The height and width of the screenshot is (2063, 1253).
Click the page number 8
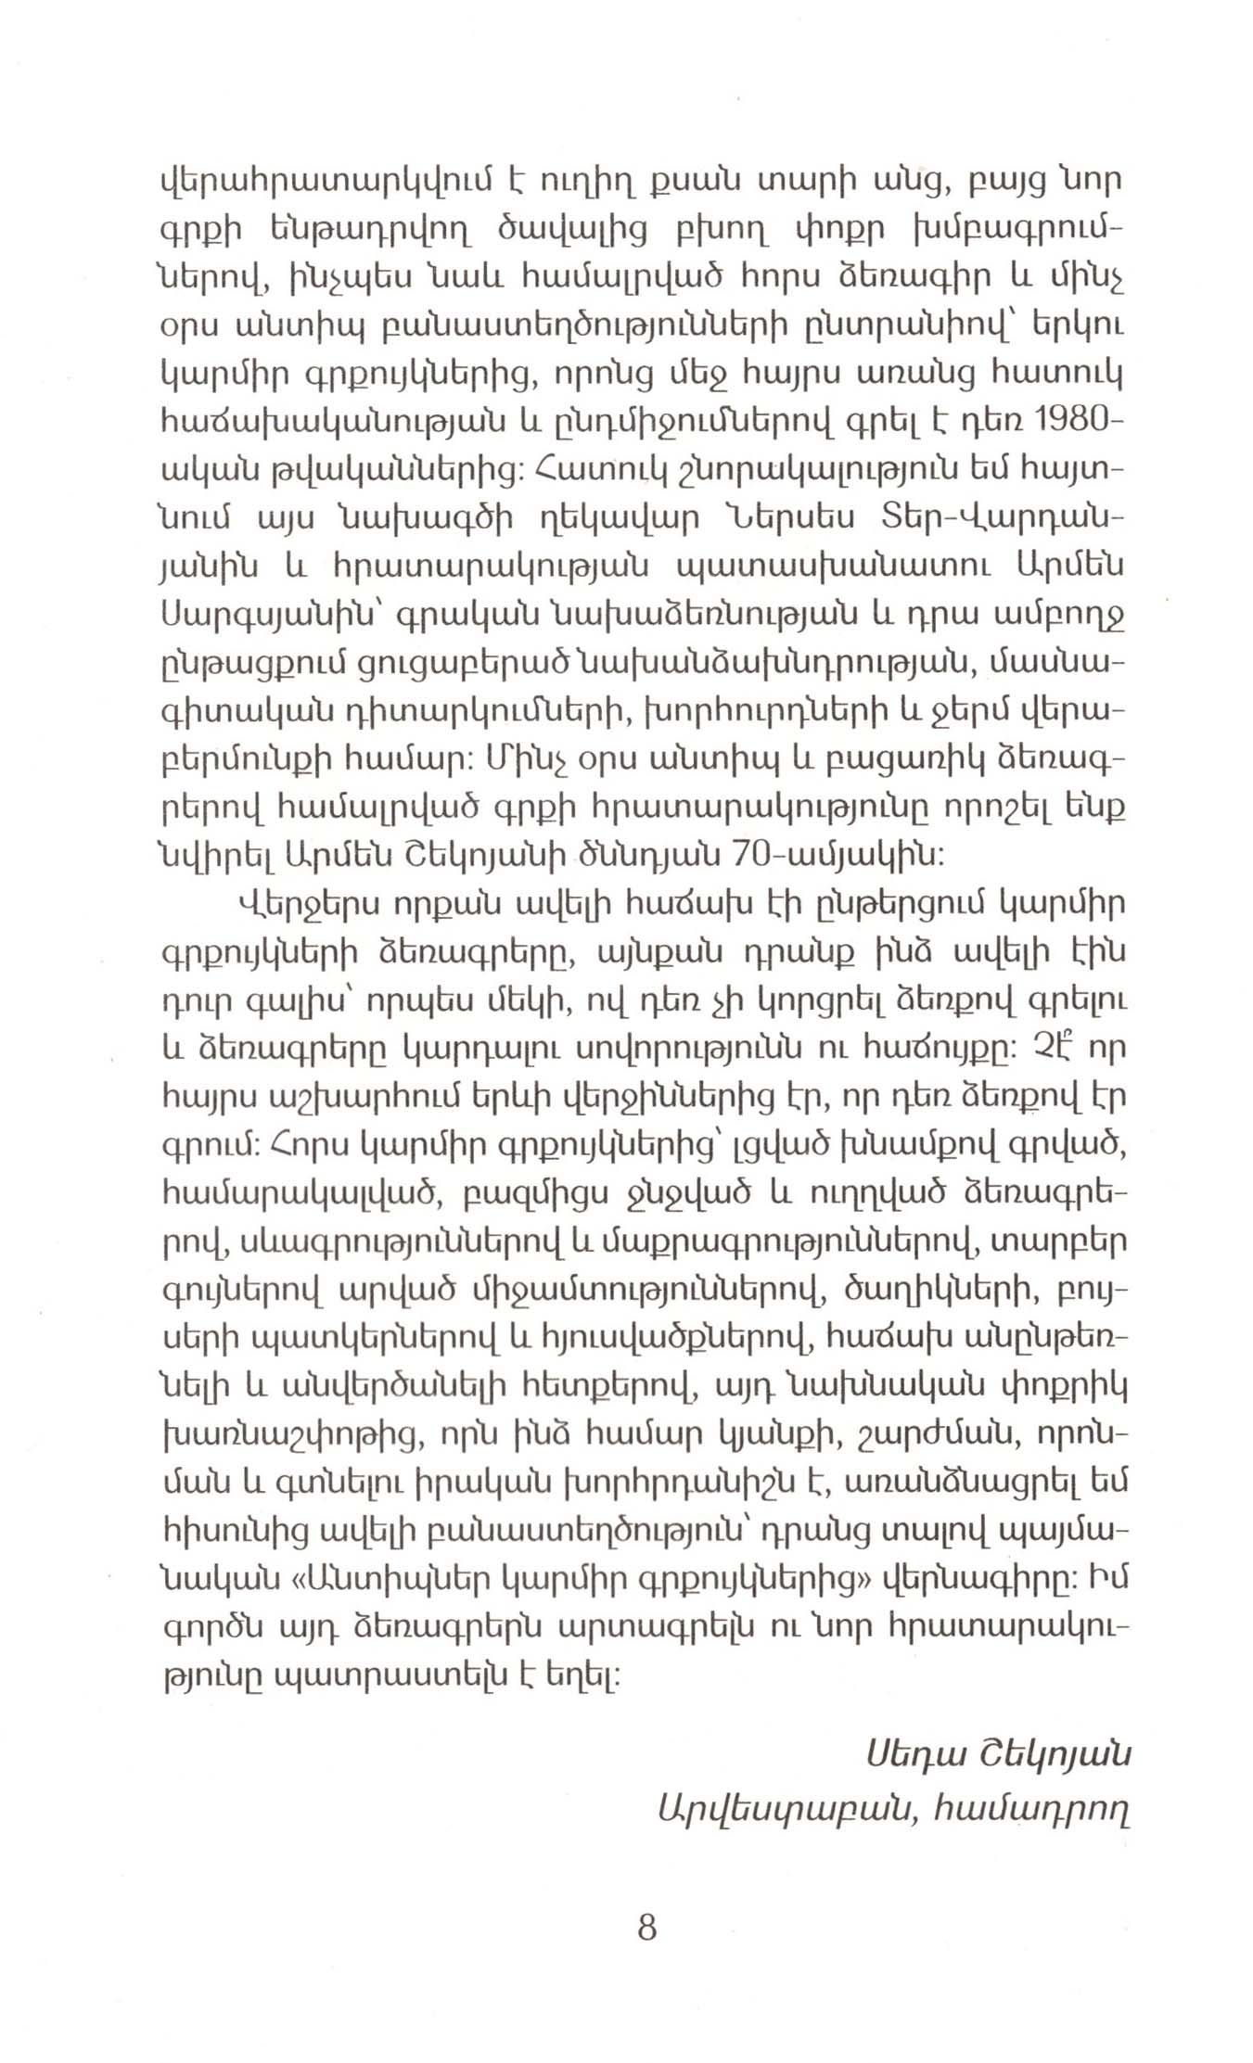[647, 1929]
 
